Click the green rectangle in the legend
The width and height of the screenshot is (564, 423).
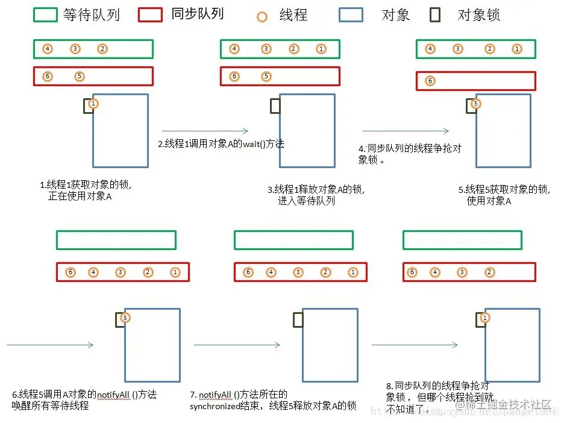[45, 15]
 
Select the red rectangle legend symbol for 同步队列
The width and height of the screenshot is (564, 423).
[150, 15]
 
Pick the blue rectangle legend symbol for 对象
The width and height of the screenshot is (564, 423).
[351, 15]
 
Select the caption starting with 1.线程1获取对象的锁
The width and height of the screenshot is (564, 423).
[85, 191]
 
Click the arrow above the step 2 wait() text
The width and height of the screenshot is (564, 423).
[205, 131]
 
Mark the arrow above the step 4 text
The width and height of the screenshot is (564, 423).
[406, 131]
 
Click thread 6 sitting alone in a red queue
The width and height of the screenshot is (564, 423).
[430, 81]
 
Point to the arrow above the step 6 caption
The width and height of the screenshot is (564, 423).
[50, 345]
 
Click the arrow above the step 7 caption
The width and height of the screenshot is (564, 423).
[237, 345]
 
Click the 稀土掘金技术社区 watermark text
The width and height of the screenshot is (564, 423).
[511, 405]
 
